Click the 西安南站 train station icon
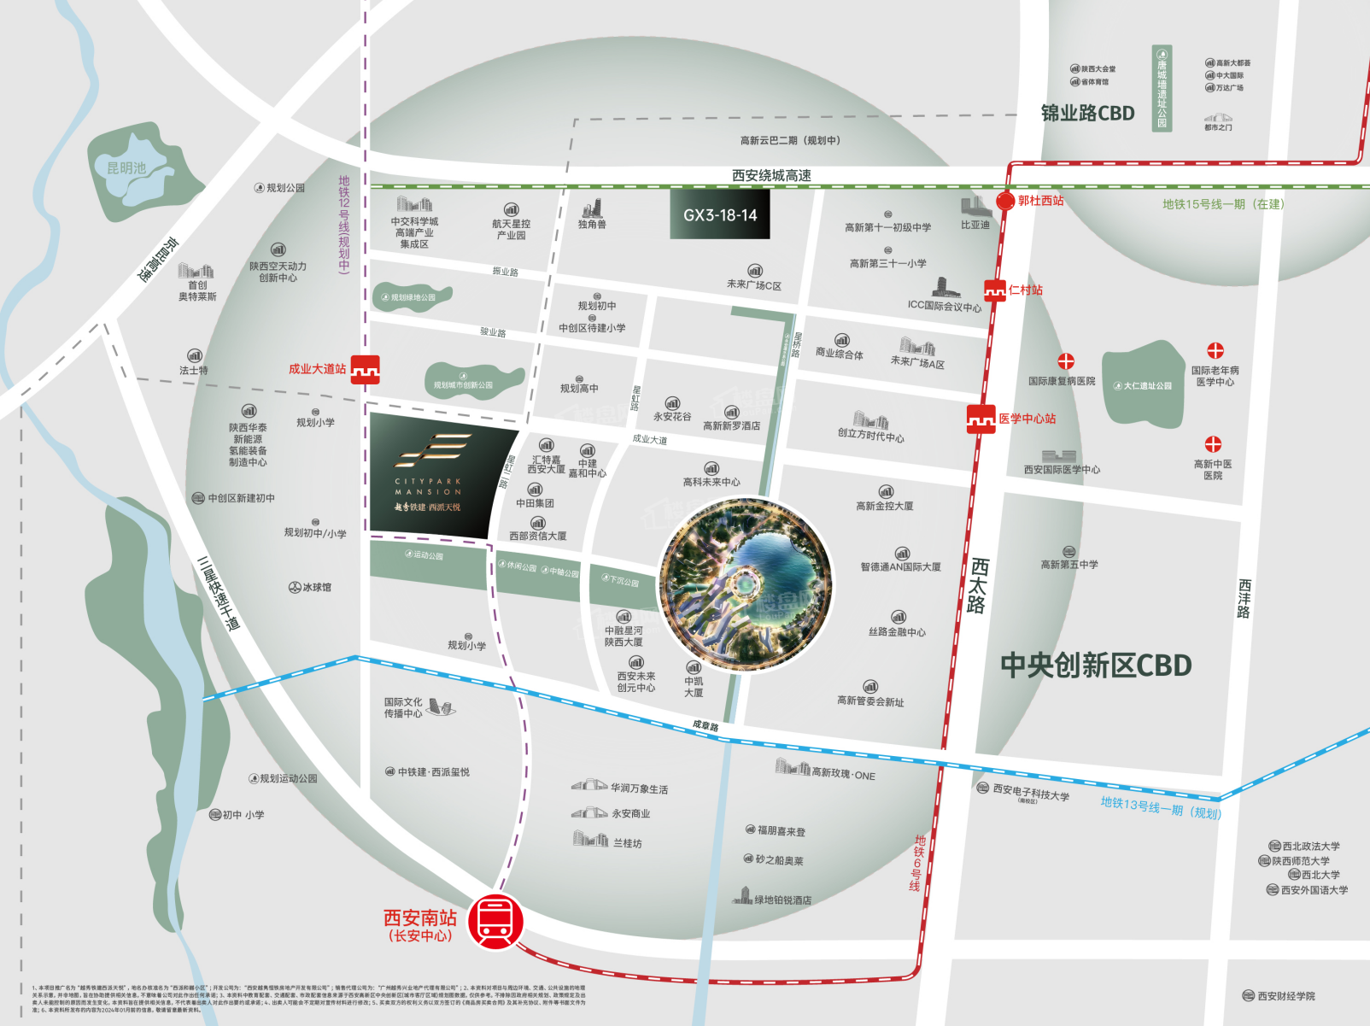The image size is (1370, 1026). tap(496, 921)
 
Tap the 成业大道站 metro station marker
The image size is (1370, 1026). tap(366, 369)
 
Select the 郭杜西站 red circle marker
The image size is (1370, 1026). tap(1005, 202)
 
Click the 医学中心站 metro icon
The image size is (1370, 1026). tap(981, 419)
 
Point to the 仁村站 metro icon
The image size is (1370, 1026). tap(994, 290)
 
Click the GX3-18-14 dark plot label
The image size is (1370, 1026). tap(720, 215)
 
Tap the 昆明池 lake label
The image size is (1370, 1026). tap(126, 168)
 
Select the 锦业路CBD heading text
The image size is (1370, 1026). tap(1087, 114)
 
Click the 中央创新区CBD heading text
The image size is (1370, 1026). tap(1096, 665)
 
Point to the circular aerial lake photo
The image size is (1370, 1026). tap(746, 585)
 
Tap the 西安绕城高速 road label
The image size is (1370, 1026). tap(771, 175)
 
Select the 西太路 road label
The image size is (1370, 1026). tap(978, 586)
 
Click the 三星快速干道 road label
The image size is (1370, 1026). tap(218, 593)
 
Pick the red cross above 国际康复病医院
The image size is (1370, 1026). tap(1066, 361)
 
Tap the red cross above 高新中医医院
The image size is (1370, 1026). tap(1213, 444)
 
